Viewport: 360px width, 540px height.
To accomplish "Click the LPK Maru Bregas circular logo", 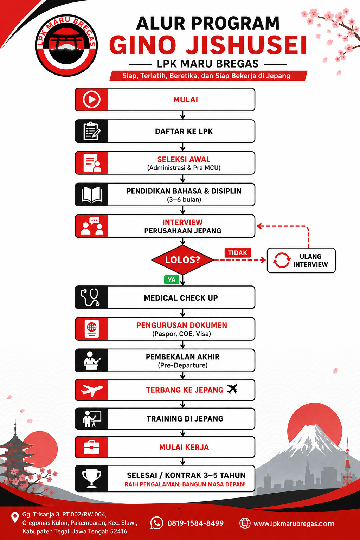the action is (x=66, y=45).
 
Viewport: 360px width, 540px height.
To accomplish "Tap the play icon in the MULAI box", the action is (x=92, y=99).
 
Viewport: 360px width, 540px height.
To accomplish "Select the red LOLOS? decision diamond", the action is (x=183, y=260).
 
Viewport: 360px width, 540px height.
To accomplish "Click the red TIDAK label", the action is (x=238, y=253).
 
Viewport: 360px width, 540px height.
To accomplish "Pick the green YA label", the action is (x=172, y=279).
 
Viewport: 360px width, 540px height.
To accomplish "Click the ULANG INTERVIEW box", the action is (x=301, y=261).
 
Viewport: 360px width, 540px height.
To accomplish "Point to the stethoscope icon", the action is (x=90, y=297).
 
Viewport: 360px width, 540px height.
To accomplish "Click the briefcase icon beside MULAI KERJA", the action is (x=92, y=447).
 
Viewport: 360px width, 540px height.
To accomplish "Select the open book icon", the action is (x=92, y=194).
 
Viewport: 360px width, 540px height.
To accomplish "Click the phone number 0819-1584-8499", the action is (x=195, y=523).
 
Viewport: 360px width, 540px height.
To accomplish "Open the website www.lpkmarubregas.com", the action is (x=294, y=523).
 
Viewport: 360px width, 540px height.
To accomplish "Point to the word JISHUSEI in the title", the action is (x=246, y=45).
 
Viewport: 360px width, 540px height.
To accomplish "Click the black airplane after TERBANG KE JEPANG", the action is (x=232, y=389).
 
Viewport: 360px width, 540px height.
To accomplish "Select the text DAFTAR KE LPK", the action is (x=184, y=131).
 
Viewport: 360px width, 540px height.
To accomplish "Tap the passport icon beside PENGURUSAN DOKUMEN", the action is (x=92, y=329).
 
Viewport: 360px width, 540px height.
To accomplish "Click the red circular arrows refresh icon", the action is (x=281, y=261).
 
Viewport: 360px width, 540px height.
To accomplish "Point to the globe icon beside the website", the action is (x=245, y=523).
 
